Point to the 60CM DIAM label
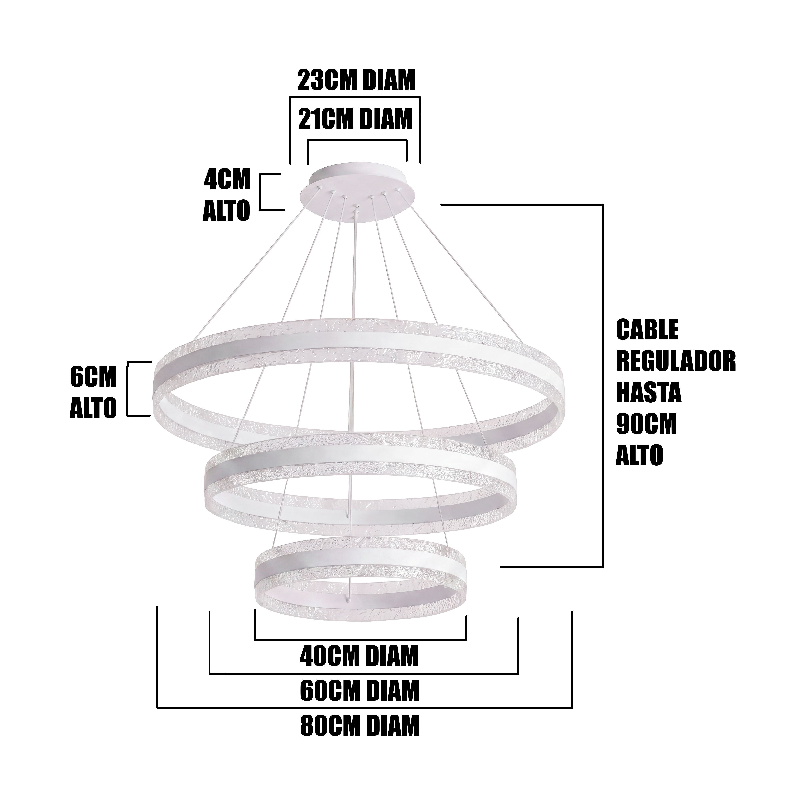pyautogui.click(x=359, y=690)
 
